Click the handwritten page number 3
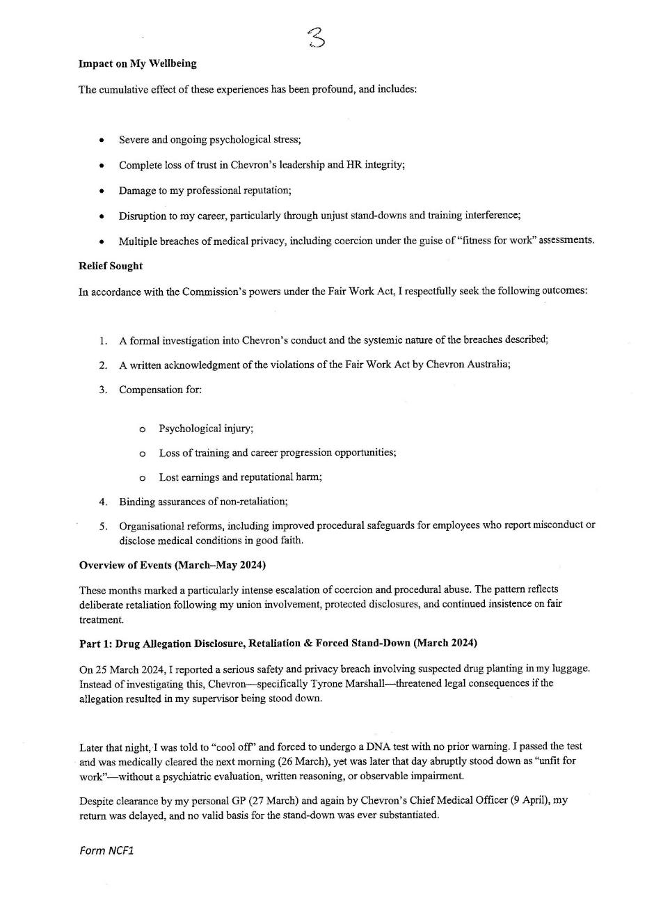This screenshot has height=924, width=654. [317, 37]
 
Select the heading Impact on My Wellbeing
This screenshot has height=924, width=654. [138, 63]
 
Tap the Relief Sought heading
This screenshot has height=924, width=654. [111, 266]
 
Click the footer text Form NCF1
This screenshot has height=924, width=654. [106, 850]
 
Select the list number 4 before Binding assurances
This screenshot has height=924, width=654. [103, 502]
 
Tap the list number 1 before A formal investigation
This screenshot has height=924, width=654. [103, 341]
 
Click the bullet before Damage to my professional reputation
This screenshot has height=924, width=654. [102, 191]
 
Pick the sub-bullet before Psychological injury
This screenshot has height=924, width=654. [143, 429]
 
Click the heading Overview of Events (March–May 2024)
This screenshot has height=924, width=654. [173, 565]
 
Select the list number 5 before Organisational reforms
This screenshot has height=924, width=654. [103, 526]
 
